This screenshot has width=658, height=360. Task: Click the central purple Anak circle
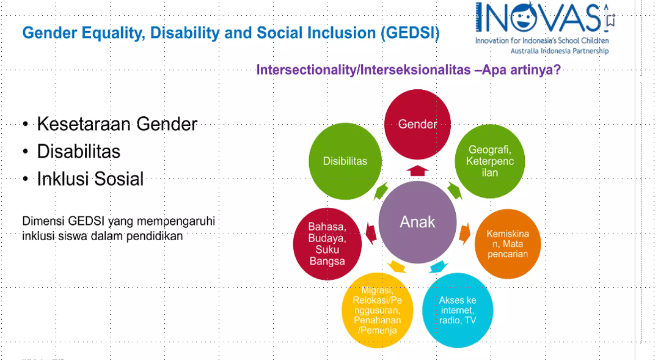tap(417, 222)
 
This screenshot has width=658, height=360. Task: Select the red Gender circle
tap(417, 124)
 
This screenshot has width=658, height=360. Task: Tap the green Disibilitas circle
tap(345, 161)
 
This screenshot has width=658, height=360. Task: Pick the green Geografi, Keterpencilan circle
tap(490, 161)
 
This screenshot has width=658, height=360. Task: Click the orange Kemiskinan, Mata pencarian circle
tap(508, 244)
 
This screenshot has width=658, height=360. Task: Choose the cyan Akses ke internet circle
tap(458, 310)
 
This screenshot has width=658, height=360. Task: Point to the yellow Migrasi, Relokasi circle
tap(377, 310)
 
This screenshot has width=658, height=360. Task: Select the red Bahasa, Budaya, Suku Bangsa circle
tap(327, 244)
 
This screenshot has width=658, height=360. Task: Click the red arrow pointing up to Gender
tap(417, 171)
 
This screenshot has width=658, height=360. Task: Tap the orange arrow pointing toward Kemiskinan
tap(464, 233)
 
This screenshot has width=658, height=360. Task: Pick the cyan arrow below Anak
tap(439, 267)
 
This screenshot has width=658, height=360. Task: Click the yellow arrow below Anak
tap(397, 267)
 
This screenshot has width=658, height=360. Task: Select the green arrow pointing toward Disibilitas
tap(381, 191)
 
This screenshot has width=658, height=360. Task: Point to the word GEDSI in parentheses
tap(411, 33)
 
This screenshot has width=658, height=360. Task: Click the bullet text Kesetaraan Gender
tap(117, 124)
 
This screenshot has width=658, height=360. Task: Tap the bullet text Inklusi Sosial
tap(90, 178)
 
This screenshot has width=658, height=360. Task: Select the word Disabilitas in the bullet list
tap(78, 151)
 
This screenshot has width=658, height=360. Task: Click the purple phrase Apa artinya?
tap(521, 70)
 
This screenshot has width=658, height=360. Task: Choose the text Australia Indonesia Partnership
tap(560, 51)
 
